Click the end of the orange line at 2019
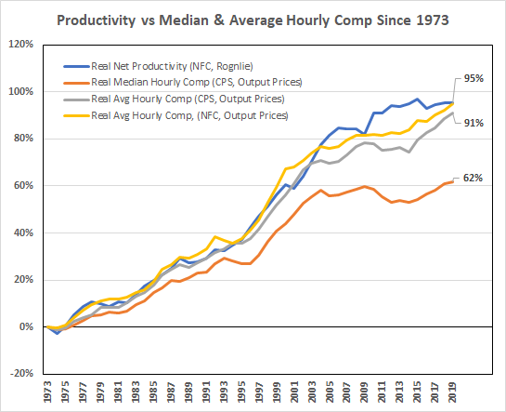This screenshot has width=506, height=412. click(x=452, y=182)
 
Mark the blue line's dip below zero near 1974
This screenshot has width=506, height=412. click(x=56, y=333)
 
